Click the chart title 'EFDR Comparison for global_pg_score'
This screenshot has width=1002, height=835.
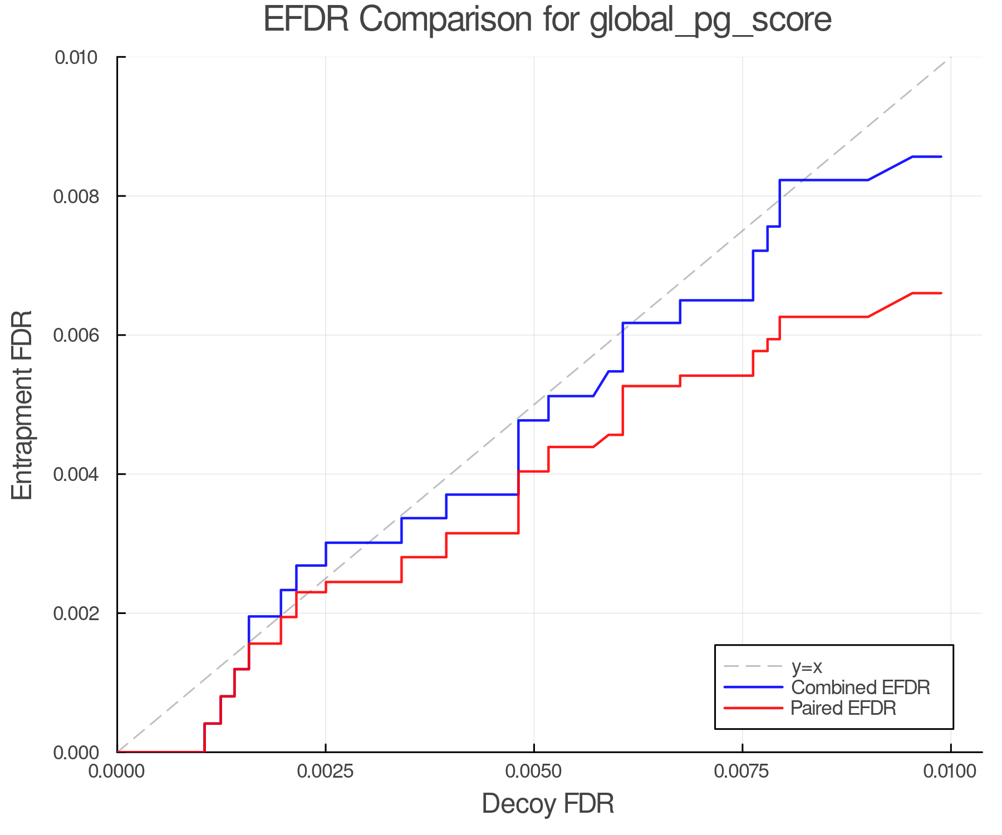(547, 19)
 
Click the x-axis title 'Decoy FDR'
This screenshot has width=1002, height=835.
(547, 803)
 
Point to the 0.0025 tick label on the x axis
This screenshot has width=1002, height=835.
(326, 771)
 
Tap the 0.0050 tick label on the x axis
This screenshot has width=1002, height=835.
(534, 771)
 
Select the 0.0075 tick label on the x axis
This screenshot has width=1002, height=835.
(742, 771)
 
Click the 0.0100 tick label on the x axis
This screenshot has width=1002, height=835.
(950, 771)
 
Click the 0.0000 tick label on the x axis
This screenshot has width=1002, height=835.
(117, 771)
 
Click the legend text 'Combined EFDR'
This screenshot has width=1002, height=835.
(860, 687)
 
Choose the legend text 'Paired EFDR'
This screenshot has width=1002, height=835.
(843, 708)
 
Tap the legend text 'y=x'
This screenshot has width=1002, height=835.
(807, 666)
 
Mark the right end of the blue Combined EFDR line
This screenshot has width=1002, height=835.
(941, 157)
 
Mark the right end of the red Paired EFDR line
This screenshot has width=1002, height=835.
(941, 293)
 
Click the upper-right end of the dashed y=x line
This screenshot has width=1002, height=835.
(950, 58)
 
